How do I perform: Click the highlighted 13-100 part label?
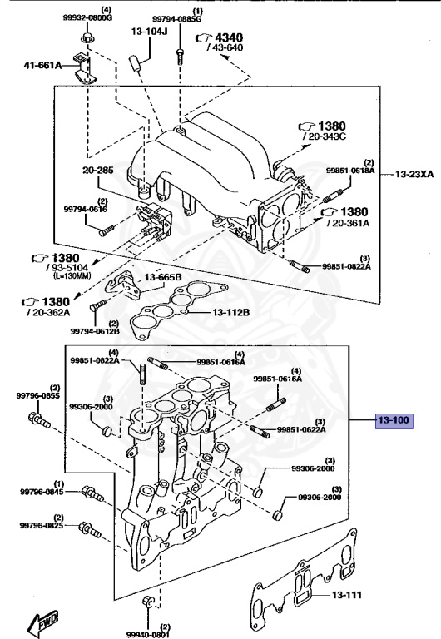click(x=393, y=421)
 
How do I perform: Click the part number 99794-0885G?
click(x=175, y=17)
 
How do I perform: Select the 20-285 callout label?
click(x=96, y=170)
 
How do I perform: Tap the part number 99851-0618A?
click(x=350, y=171)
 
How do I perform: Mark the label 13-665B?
click(x=163, y=277)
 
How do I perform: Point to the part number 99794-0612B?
click(x=94, y=331)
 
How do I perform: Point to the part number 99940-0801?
click(x=148, y=633)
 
